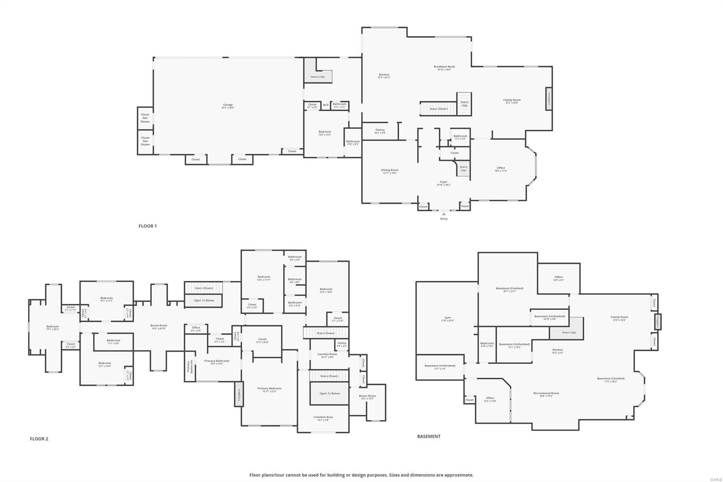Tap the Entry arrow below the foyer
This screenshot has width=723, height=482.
(x=444, y=214)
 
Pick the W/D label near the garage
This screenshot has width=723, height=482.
(x=325, y=105)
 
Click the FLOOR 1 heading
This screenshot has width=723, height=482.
(x=147, y=226)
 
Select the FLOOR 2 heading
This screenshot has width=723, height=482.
(x=39, y=439)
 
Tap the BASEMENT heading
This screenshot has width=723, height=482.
(x=428, y=436)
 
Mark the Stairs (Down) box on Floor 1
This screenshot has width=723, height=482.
(x=438, y=109)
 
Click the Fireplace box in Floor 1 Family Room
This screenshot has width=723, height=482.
(x=549, y=99)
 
